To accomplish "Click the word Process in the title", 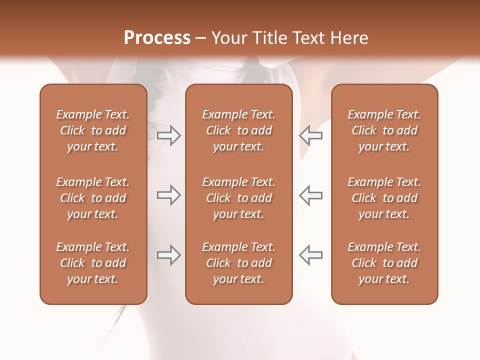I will pos(157,38).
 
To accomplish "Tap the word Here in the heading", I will pos(348,38).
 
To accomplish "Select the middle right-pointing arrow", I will pos(168,195).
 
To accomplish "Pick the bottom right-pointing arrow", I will pos(168,255).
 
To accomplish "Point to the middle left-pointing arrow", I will pos(311,195).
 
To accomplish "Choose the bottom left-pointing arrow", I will pos(311,255).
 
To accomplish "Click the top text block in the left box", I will pos(93,130).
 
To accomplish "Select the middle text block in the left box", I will pos(93,198).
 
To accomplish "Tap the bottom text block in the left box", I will pos(93,263).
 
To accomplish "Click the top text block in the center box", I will pos(239,130).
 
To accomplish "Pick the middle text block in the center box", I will pos(239,198).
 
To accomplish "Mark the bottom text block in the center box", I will pos(239,263).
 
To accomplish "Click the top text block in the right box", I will pos(384,130).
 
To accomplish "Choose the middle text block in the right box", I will pos(384,198).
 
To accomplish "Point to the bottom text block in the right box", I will pos(384,263).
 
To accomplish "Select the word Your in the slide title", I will pos(228,38).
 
